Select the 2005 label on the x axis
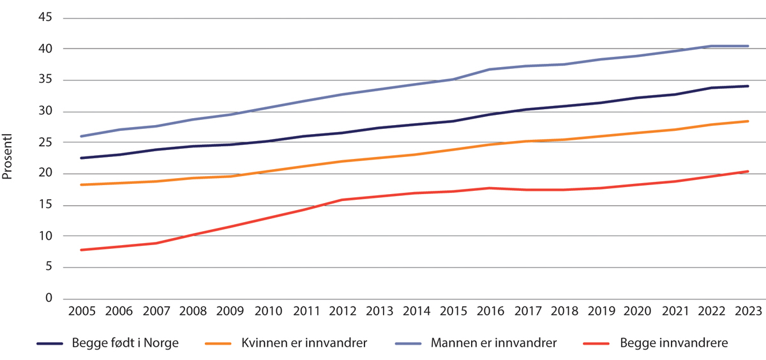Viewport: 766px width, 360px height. tap(82, 311)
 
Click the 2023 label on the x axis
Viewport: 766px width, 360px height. tap(748, 311)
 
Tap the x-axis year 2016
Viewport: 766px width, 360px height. tap(489, 311)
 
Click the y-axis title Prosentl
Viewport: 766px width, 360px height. tap(8, 158)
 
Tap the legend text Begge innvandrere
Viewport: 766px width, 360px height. tap(673, 343)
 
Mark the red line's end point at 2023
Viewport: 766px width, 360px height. tap(748, 171)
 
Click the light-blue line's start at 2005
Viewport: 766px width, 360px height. tap(82, 137)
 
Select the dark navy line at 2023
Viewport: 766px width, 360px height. tap(748, 86)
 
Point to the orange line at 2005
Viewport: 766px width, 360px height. tap(82, 185)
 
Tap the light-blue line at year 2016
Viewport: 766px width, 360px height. tap(489, 70)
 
